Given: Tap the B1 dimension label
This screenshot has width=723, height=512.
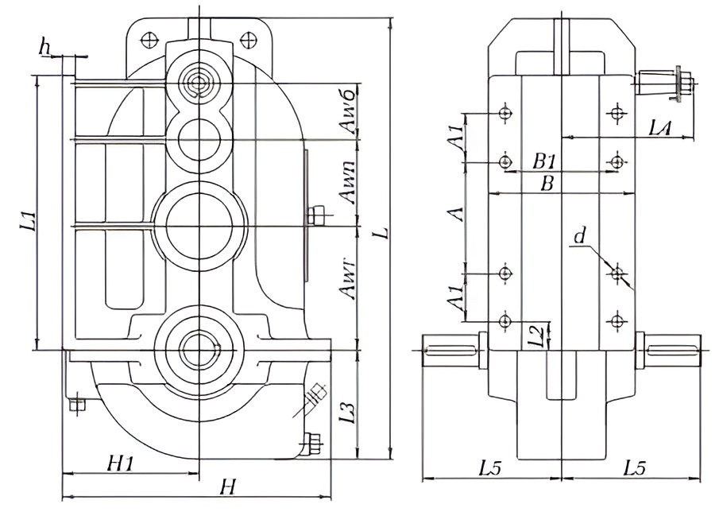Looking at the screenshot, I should tap(544, 160).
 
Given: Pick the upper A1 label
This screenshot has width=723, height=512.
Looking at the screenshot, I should tap(455, 138).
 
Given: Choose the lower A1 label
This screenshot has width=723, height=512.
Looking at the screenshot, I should tap(455, 298).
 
